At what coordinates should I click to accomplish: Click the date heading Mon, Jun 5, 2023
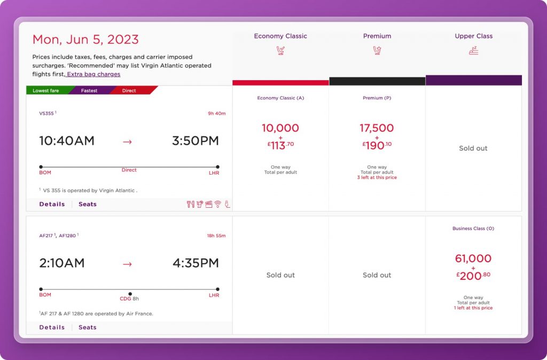pyautogui.click(x=85, y=40)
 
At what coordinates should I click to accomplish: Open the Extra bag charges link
pyautogui.click(x=93, y=74)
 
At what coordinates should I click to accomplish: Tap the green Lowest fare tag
pyautogui.click(x=46, y=91)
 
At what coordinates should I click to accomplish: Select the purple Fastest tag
pyautogui.click(x=89, y=91)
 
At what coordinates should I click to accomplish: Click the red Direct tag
pyautogui.click(x=129, y=91)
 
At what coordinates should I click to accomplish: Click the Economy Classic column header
pyautogui.click(x=280, y=36)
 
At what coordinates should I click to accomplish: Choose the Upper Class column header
pyautogui.click(x=473, y=36)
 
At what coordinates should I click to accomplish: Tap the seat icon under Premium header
pyautogui.click(x=377, y=51)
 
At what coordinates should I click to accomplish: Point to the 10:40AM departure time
pyautogui.click(x=67, y=141)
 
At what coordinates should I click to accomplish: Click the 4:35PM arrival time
pyautogui.click(x=196, y=263)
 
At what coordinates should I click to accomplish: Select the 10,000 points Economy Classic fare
pyautogui.click(x=280, y=128)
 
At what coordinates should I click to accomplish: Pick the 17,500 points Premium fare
pyautogui.click(x=377, y=128)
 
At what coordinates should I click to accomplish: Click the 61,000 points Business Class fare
pyautogui.click(x=473, y=259)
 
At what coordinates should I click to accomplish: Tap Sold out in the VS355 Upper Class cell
pyautogui.click(x=473, y=148)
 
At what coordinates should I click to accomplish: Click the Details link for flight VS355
pyautogui.click(x=52, y=204)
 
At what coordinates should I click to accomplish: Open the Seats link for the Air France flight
pyautogui.click(x=88, y=327)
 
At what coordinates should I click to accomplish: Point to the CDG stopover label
pyautogui.click(x=126, y=299)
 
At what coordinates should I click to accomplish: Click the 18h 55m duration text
pyautogui.click(x=216, y=236)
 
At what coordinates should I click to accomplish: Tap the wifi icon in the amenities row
pyautogui.click(x=218, y=204)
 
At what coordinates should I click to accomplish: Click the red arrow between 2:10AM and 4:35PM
pyautogui.click(x=127, y=263)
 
